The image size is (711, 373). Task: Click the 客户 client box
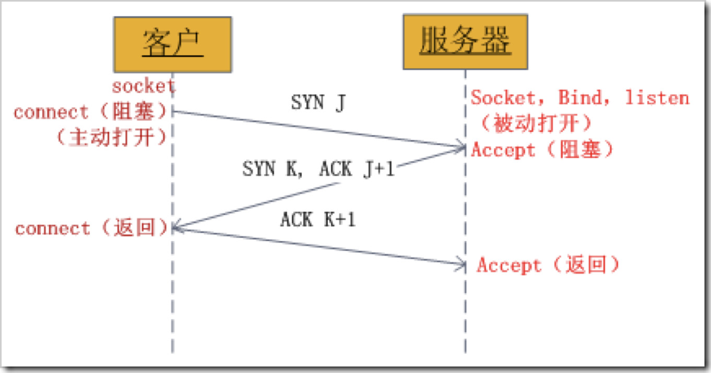click(x=173, y=44)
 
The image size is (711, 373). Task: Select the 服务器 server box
click(x=465, y=42)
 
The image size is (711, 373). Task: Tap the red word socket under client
click(x=144, y=86)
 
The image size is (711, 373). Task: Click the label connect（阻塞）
click(x=92, y=112)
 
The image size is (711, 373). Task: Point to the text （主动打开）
click(x=112, y=137)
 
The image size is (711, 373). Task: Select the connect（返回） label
click(x=92, y=228)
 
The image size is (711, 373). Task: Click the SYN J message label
click(x=318, y=103)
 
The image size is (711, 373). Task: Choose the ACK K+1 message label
click(x=318, y=220)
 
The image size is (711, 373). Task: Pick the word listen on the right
click(x=657, y=98)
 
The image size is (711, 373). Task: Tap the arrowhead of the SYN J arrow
click(x=461, y=147)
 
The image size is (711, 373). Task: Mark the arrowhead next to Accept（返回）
click(x=461, y=264)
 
